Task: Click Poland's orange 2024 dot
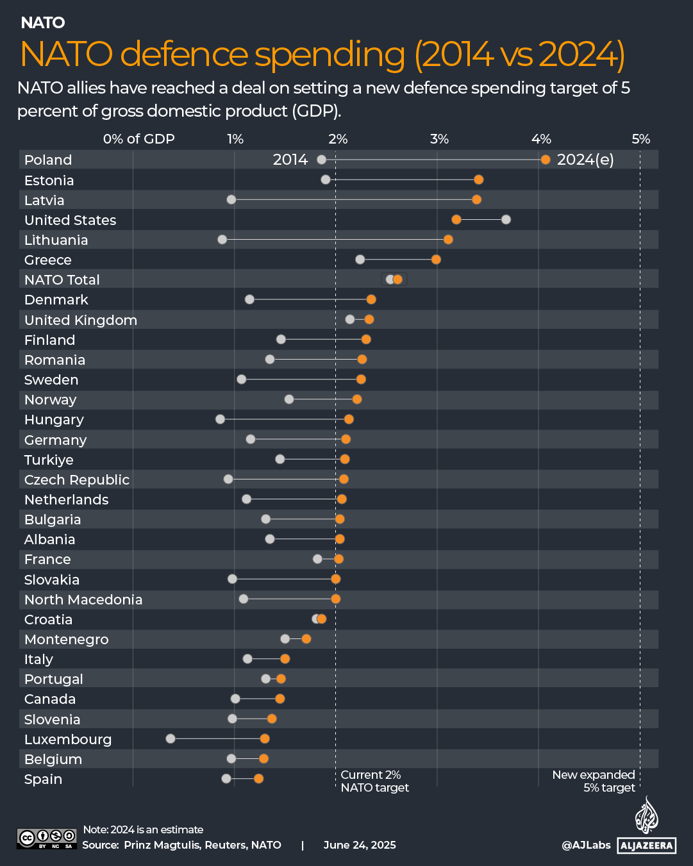click(545, 160)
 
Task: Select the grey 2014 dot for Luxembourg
click(171, 738)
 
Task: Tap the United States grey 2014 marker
click(506, 220)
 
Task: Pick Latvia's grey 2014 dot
click(231, 199)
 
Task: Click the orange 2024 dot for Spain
click(258, 778)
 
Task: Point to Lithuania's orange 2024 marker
click(448, 240)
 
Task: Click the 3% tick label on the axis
click(439, 139)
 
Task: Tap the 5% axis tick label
click(640, 139)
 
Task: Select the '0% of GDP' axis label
click(138, 139)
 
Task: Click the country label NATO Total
click(62, 279)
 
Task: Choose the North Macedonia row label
click(83, 599)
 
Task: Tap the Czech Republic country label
click(77, 479)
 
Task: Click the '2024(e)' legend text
click(585, 160)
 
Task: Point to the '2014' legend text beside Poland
click(290, 160)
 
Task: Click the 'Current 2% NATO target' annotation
click(374, 781)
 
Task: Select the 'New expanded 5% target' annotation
click(594, 781)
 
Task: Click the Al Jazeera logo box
click(647, 845)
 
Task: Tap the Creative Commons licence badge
click(47, 838)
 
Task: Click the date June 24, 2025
click(360, 845)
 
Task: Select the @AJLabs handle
click(586, 845)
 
